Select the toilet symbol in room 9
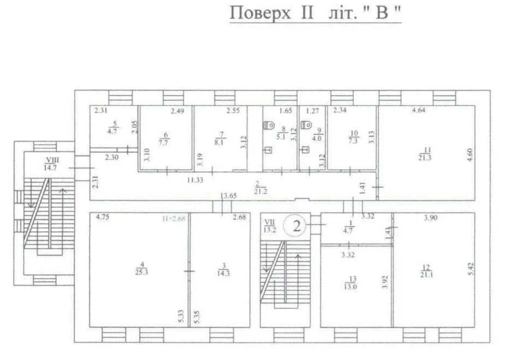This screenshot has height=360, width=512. point(305,125)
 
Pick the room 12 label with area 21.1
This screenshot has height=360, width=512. point(425,271)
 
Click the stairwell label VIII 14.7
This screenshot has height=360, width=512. point(51,163)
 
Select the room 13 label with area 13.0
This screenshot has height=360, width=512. point(352,283)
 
